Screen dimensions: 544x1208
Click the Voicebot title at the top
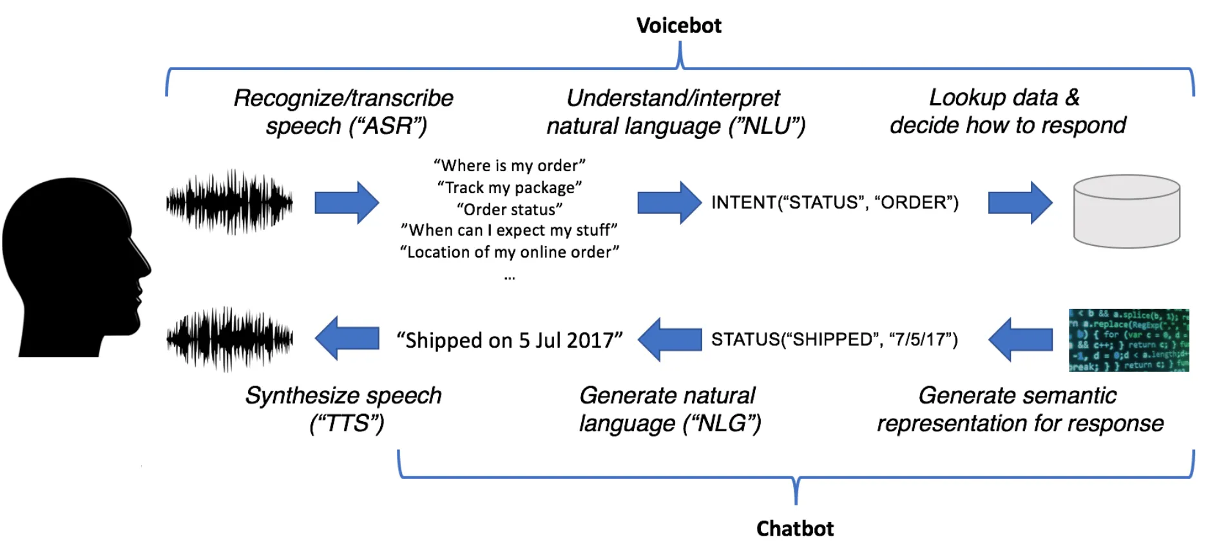pos(678,26)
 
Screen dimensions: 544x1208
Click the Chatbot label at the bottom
pos(794,529)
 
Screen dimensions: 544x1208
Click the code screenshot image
pos(1128,340)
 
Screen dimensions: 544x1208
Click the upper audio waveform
pos(229,202)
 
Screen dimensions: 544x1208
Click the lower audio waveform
pos(229,339)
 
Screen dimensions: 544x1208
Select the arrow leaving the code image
pos(1020,339)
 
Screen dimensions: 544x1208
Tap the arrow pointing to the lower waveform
pos(347,338)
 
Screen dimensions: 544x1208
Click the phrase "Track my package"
pos(509,187)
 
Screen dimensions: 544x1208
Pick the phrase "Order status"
pos(509,209)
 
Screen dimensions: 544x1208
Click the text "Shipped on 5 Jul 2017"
pos(509,340)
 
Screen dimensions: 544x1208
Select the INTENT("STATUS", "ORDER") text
pos(834,202)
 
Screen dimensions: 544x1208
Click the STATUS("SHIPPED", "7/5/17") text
pos(834,339)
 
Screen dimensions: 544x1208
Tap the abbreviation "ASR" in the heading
pos(388,126)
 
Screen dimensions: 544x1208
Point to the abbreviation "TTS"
pos(347,424)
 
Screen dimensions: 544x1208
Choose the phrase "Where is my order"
pos(509,165)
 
